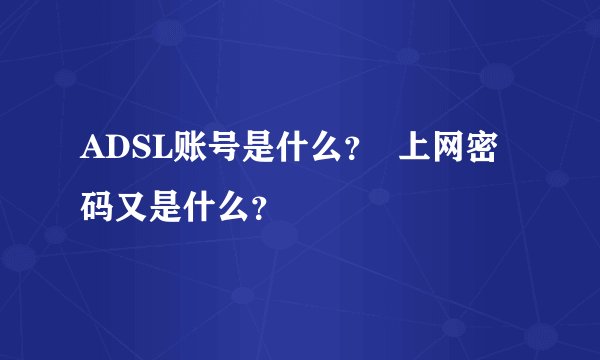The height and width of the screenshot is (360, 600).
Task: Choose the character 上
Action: [416, 152]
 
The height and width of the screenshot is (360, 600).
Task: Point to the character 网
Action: [451, 152]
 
